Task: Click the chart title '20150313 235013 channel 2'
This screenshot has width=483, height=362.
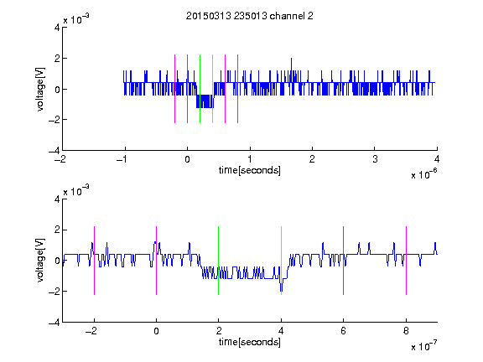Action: (250, 16)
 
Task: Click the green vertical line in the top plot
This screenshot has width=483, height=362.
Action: (200, 89)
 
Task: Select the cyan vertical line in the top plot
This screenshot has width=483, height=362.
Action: (212, 89)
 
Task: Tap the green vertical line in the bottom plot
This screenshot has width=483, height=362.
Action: (218, 261)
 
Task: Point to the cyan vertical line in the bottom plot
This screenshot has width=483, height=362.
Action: (281, 261)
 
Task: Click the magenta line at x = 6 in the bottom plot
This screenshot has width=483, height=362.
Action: (344, 261)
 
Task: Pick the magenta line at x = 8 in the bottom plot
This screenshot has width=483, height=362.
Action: (407, 261)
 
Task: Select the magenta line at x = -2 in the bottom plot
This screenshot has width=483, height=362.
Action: (94, 261)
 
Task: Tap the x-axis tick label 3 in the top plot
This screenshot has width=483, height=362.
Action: (375, 159)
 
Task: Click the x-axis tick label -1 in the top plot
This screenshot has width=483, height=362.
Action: (122, 159)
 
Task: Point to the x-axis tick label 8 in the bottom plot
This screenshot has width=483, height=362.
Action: (406, 331)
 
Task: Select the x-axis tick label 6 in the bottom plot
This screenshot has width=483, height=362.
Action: (344, 331)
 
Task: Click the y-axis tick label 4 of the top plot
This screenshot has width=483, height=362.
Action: (57, 28)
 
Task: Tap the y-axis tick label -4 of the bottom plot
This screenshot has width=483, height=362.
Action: (55, 323)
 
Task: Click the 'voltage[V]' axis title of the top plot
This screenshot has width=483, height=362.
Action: (40, 89)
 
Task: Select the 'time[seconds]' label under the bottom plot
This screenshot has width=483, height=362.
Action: (250, 342)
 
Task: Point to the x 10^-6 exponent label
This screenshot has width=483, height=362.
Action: (423, 174)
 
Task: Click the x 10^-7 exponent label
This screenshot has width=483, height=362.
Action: (423, 346)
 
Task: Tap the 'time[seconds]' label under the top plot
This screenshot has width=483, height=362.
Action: (250, 170)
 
